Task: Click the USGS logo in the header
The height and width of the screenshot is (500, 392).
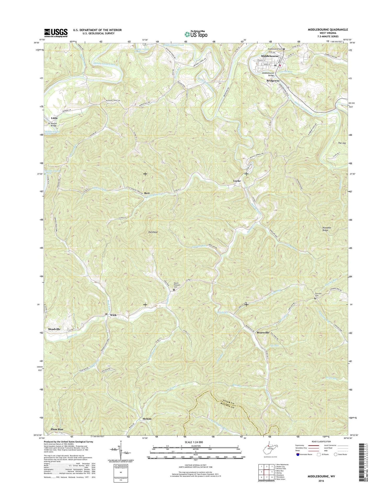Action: point(56,32)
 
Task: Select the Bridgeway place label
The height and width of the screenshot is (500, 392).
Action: point(273,81)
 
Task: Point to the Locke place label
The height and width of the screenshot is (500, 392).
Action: point(237,181)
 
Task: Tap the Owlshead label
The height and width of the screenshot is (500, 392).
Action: point(153,232)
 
